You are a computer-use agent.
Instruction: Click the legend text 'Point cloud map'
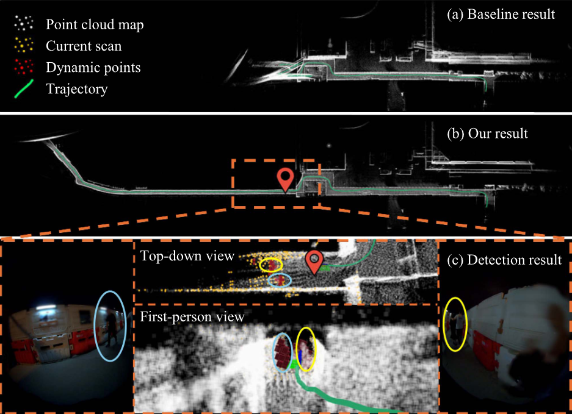tap(95, 24)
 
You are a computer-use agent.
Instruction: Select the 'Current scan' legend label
tap(84, 46)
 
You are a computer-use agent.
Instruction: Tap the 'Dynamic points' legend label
tap(93, 68)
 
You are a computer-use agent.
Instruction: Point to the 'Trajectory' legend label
tap(76, 89)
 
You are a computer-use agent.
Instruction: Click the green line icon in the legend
tap(24, 88)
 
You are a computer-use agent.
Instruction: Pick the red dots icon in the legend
tap(24, 67)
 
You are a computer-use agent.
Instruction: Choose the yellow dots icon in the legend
tap(24, 45)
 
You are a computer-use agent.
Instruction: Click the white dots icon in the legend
tap(24, 23)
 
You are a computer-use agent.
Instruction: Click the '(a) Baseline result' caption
tap(501, 14)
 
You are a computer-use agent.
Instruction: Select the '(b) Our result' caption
tap(487, 134)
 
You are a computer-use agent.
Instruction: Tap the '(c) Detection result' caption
tap(504, 260)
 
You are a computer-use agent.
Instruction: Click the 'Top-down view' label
tap(187, 256)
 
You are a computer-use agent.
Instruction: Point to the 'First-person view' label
tap(192, 316)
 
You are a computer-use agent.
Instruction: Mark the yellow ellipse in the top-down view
tap(271, 265)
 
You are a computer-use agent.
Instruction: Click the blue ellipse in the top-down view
tap(280, 280)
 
